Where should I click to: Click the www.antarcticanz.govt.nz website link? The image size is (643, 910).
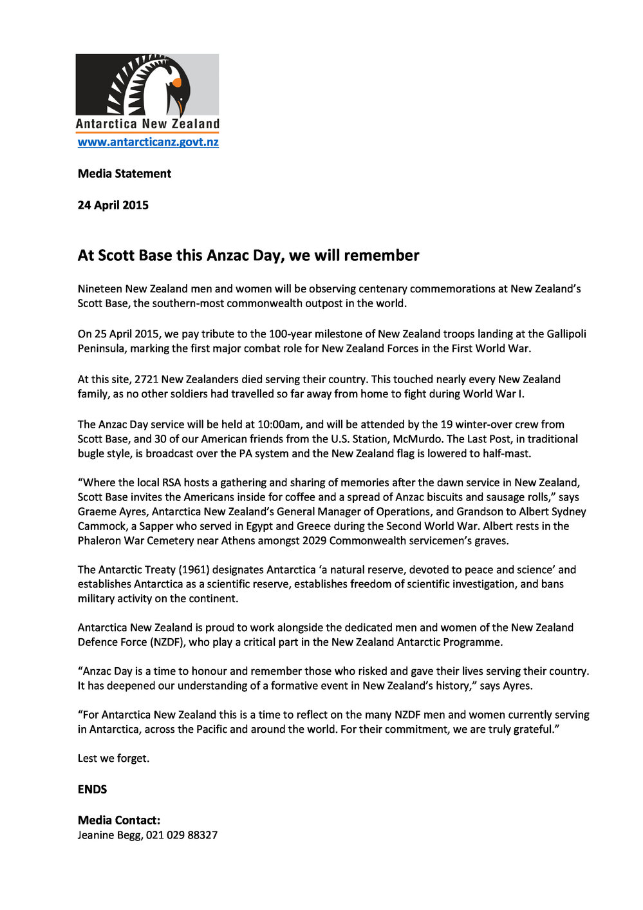[x=148, y=142]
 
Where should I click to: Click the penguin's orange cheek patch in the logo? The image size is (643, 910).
[x=176, y=82]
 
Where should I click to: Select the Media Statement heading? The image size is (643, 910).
[x=124, y=174]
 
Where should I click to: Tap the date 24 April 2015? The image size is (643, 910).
[x=113, y=205]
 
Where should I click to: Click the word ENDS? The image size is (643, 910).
[x=93, y=790]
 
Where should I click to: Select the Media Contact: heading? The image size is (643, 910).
[x=119, y=820]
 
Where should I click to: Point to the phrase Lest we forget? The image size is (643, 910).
[x=113, y=759]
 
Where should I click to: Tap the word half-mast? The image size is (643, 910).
[x=504, y=454]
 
